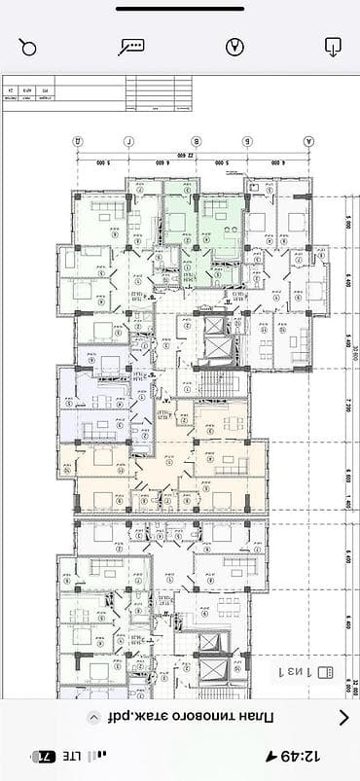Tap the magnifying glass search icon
(x=28, y=47)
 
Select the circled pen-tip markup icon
(x=234, y=47)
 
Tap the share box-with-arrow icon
(x=333, y=46)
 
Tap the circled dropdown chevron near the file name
(x=94, y=718)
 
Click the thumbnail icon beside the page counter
(x=325, y=671)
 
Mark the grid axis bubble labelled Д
(x=77, y=140)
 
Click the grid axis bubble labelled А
(x=310, y=140)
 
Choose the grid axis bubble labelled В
(x=196, y=140)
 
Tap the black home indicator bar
(x=180, y=9)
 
